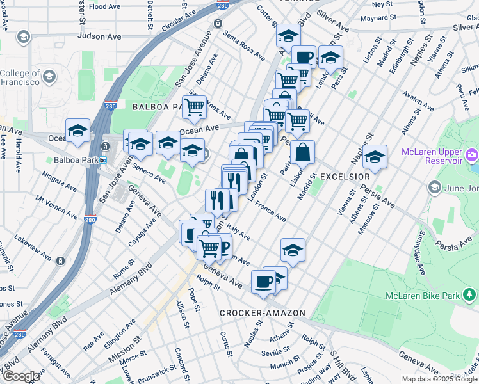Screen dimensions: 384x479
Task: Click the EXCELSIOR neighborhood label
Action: tap(345, 176)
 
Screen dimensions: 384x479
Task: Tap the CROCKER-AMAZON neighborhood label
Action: tap(263, 313)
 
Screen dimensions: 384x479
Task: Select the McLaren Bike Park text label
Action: tap(421, 295)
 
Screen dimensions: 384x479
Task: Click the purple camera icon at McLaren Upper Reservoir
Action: tap(472, 154)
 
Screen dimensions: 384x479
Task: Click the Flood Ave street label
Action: tap(104, 6)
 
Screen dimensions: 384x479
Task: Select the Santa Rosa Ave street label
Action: tap(244, 47)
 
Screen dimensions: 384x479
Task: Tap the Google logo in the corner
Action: tap(20, 376)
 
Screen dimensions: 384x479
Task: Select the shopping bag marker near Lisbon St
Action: tap(302, 154)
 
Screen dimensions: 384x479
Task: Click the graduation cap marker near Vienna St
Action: tap(375, 156)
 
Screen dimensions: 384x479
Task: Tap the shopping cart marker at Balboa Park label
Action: tap(194, 107)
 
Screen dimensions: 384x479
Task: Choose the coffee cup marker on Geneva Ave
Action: tap(263, 281)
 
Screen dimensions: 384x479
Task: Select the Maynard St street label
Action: tap(380, 18)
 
